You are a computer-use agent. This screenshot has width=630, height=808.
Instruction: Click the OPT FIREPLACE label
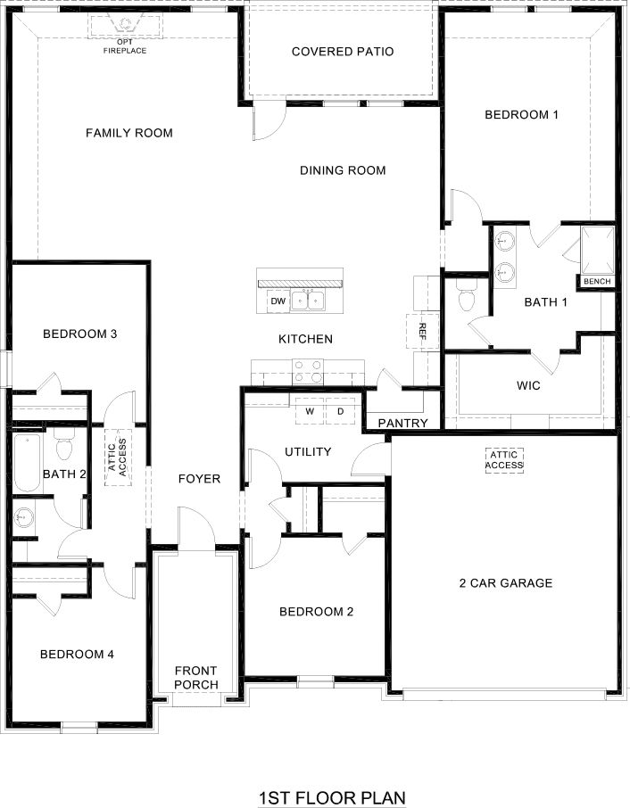point(125,46)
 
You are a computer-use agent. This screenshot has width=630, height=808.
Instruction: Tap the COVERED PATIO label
point(343,52)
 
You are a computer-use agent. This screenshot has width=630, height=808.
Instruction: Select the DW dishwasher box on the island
point(278,301)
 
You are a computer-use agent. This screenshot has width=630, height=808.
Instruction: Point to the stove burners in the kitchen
point(308,366)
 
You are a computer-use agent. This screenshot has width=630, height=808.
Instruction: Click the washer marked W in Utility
point(310,411)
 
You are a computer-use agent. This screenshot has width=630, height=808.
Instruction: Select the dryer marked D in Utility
point(340,411)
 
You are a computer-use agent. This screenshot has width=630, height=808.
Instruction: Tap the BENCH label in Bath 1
point(597,282)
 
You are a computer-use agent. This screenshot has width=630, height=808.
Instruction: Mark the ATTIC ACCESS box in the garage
point(504,459)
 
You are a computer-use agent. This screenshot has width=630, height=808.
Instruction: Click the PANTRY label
point(402,423)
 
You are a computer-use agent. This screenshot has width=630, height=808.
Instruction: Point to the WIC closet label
point(528,387)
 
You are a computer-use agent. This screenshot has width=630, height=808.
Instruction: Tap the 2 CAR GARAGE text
point(505,583)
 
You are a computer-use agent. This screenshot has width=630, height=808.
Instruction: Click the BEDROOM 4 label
point(77,654)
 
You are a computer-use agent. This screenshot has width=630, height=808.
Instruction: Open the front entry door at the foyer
point(195,531)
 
